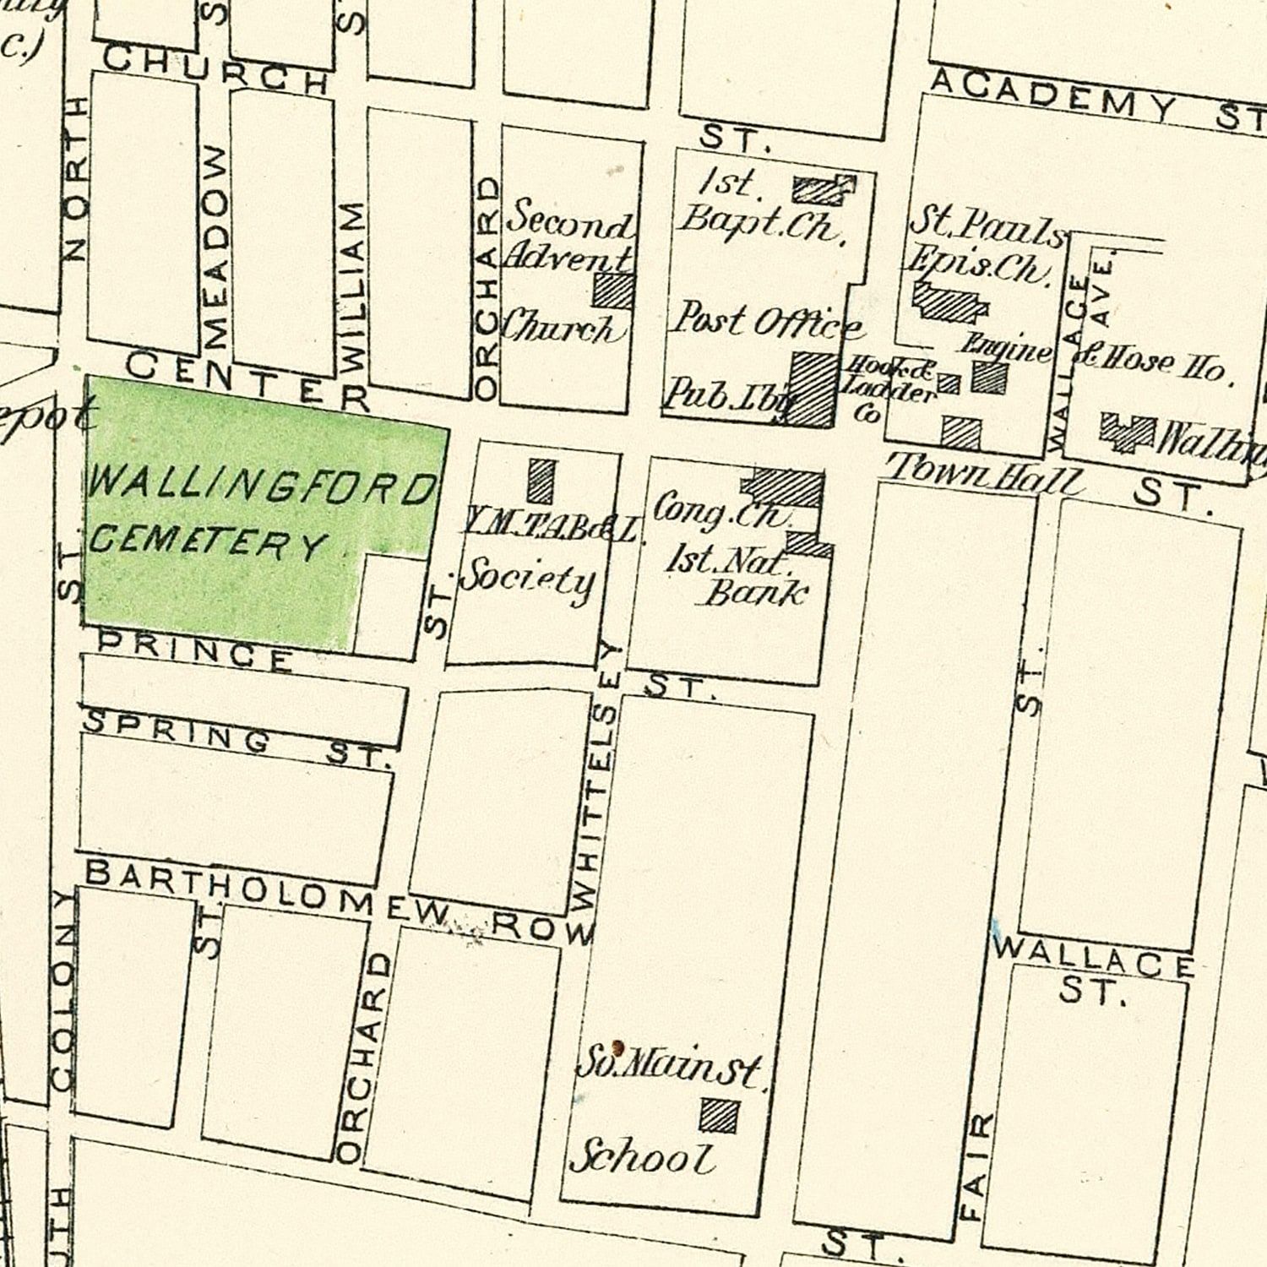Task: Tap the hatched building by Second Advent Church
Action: pos(614,290)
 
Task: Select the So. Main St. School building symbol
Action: pos(719,1115)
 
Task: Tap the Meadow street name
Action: pos(215,247)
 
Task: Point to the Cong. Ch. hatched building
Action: pos(784,487)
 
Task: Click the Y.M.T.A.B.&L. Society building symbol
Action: pos(541,481)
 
